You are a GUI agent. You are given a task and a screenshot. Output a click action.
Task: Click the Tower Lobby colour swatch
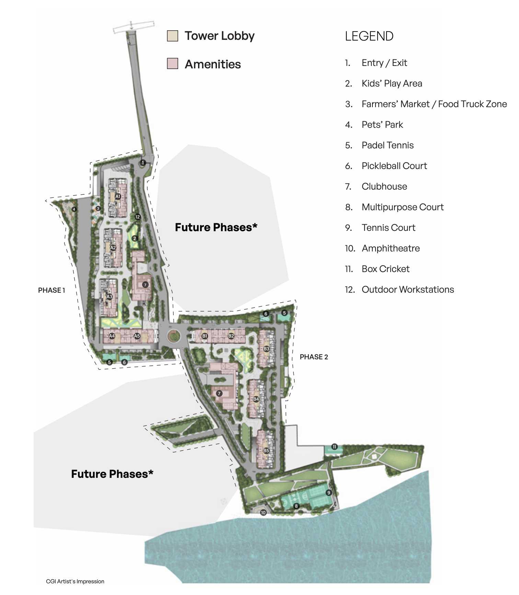pyautogui.click(x=172, y=36)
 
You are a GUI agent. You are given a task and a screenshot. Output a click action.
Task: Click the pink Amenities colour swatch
pyautogui.click(x=172, y=64)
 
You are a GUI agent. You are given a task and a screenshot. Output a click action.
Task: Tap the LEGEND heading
pyautogui.click(x=369, y=36)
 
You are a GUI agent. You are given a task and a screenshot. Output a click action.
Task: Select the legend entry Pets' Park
pyautogui.click(x=382, y=125)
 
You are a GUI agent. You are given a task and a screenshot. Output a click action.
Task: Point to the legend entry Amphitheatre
pyautogui.click(x=391, y=248)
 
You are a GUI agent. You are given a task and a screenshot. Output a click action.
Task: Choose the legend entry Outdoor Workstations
pyautogui.click(x=407, y=290)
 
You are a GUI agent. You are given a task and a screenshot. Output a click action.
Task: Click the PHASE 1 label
pyautogui.click(x=51, y=290)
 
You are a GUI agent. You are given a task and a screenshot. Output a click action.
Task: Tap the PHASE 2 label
pyautogui.click(x=314, y=357)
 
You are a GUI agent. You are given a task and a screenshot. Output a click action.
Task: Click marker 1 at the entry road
pyautogui.click(x=143, y=162)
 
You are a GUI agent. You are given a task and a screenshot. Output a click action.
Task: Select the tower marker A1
pyautogui.click(x=118, y=197)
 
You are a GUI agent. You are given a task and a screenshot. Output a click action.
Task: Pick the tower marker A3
pyautogui.click(x=109, y=296)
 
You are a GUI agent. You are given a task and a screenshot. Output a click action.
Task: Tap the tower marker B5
pyautogui.click(x=266, y=450)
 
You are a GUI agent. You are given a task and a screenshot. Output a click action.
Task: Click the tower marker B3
pyautogui.click(x=266, y=349)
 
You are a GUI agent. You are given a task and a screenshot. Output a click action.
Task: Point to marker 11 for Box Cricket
pyautogui.click(x=334, y=447)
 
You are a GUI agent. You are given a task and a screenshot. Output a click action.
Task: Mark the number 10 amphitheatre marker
pyautogui.click(x=263, y=513)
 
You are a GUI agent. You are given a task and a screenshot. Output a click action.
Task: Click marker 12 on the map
pyautogui.click(x=138, y=217)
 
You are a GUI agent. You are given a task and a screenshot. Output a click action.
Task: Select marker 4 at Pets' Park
pyautogui.click(x=74, y=209)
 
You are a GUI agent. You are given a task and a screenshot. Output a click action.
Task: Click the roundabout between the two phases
pyautogui.click(x=174, y=336)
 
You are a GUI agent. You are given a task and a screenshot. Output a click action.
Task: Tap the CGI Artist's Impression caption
pyautogui.click(x=75, y=581)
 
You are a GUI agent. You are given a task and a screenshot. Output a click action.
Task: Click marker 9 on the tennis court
pyautogui.click(x=328, y=493)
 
